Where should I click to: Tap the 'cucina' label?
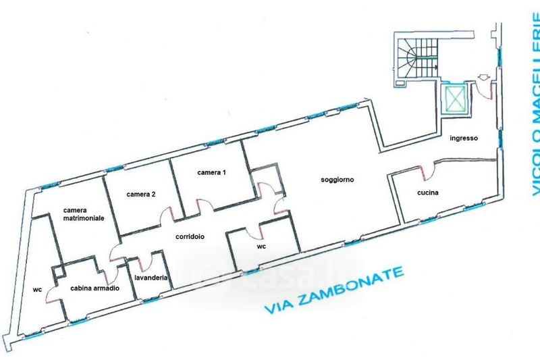[428, 193]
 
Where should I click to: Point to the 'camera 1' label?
[211, 173]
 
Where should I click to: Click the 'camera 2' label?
[141, 195]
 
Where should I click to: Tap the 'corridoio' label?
[190, 236]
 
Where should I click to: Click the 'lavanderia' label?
[151, 277]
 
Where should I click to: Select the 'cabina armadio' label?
[95, 288]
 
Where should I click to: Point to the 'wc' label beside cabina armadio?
[36, 290]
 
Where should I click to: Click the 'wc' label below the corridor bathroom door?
[262, 247]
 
